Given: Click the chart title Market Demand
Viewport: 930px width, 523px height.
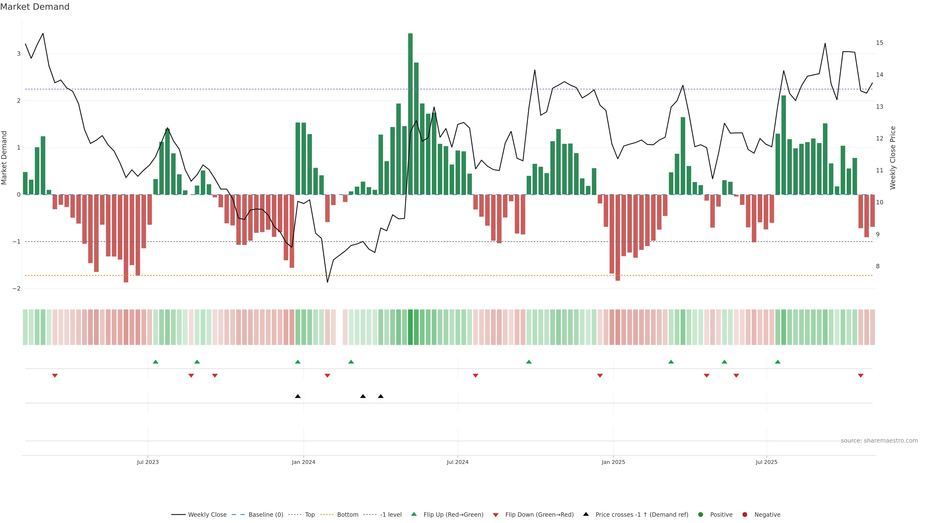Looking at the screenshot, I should point(35,7).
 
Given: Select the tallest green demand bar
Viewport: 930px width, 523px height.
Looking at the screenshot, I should point(410,114).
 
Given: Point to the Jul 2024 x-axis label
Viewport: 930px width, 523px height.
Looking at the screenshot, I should point(457,462).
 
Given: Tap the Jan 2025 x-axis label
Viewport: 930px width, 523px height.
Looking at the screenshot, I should point(613,462).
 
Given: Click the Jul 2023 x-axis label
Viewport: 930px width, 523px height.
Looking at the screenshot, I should point(148,462).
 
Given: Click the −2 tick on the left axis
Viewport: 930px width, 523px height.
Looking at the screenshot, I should point(17,289).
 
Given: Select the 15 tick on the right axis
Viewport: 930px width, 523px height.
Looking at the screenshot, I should point(879,43).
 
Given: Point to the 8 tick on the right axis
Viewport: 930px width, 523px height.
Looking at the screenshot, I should point(878,266).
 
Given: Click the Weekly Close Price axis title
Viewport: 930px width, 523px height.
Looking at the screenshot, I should point(892,158).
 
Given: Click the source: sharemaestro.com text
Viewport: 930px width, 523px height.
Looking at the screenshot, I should point(879,441).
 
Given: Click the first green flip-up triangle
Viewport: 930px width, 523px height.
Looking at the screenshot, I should point(155,362).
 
